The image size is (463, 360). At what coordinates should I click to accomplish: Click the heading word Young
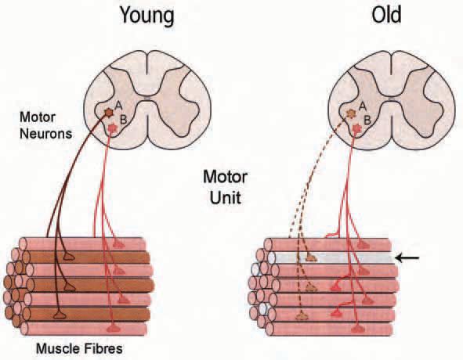[x=147, y=16]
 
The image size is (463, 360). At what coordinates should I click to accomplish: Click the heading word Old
[x=386, y=15]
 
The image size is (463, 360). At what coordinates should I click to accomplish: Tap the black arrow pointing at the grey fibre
[x=407, y=258]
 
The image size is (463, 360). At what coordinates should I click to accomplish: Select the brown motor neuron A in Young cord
[x=109, y=112]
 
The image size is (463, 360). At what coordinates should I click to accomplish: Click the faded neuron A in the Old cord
[x=351, y=113]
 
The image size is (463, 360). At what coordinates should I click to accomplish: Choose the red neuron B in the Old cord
[x=357, y=128]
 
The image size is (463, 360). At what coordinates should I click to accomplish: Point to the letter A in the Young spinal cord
[x=118, y=105]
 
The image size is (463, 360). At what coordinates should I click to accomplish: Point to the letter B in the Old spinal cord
[x=367, y=120]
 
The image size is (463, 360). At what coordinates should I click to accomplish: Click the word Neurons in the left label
[x=45, y=134]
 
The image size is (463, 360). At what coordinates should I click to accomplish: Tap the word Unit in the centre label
[x=226, y=198]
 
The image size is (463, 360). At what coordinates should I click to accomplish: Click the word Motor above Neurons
[x=38, y=117]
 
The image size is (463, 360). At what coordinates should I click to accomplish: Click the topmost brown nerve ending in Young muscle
[x=68, y=257]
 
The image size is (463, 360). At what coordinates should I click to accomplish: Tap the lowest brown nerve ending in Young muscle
[x=60, y=315]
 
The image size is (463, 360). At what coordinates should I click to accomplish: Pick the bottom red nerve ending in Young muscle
[x=113, y=328]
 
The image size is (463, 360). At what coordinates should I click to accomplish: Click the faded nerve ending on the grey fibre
[x=311, y=258]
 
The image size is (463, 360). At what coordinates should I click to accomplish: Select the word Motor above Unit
[x=226, y=178]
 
